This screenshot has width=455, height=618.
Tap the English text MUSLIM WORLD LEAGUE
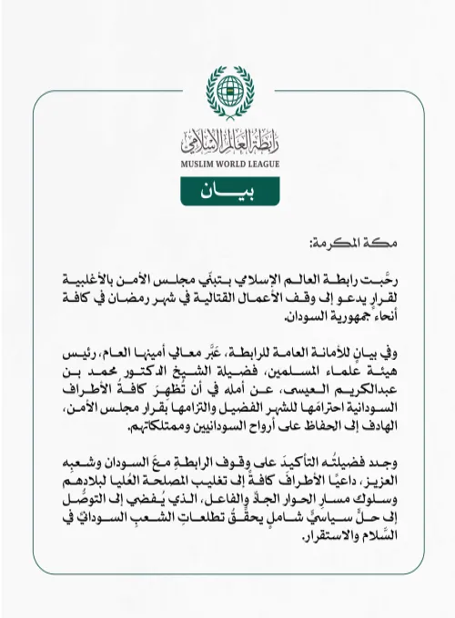(227, 163)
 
